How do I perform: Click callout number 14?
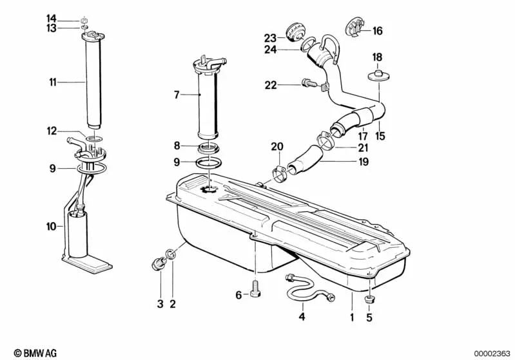pos(52,18)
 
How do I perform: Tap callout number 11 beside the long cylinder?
pos(52,82)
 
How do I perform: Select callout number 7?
pos(176,95)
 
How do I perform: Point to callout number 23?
pos(269,36)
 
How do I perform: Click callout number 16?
pos(378,30)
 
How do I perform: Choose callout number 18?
pos(377,57)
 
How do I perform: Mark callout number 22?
pos(269,84)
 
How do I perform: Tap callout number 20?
pos(277,146)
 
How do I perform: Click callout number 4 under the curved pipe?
pos(301,317)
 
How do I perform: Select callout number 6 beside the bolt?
pos(238,295)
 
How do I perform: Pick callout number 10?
pos(52,226)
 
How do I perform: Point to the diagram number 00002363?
pos(492,353)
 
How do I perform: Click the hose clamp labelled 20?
pos(279,173)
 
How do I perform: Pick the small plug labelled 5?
pos(370,299)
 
